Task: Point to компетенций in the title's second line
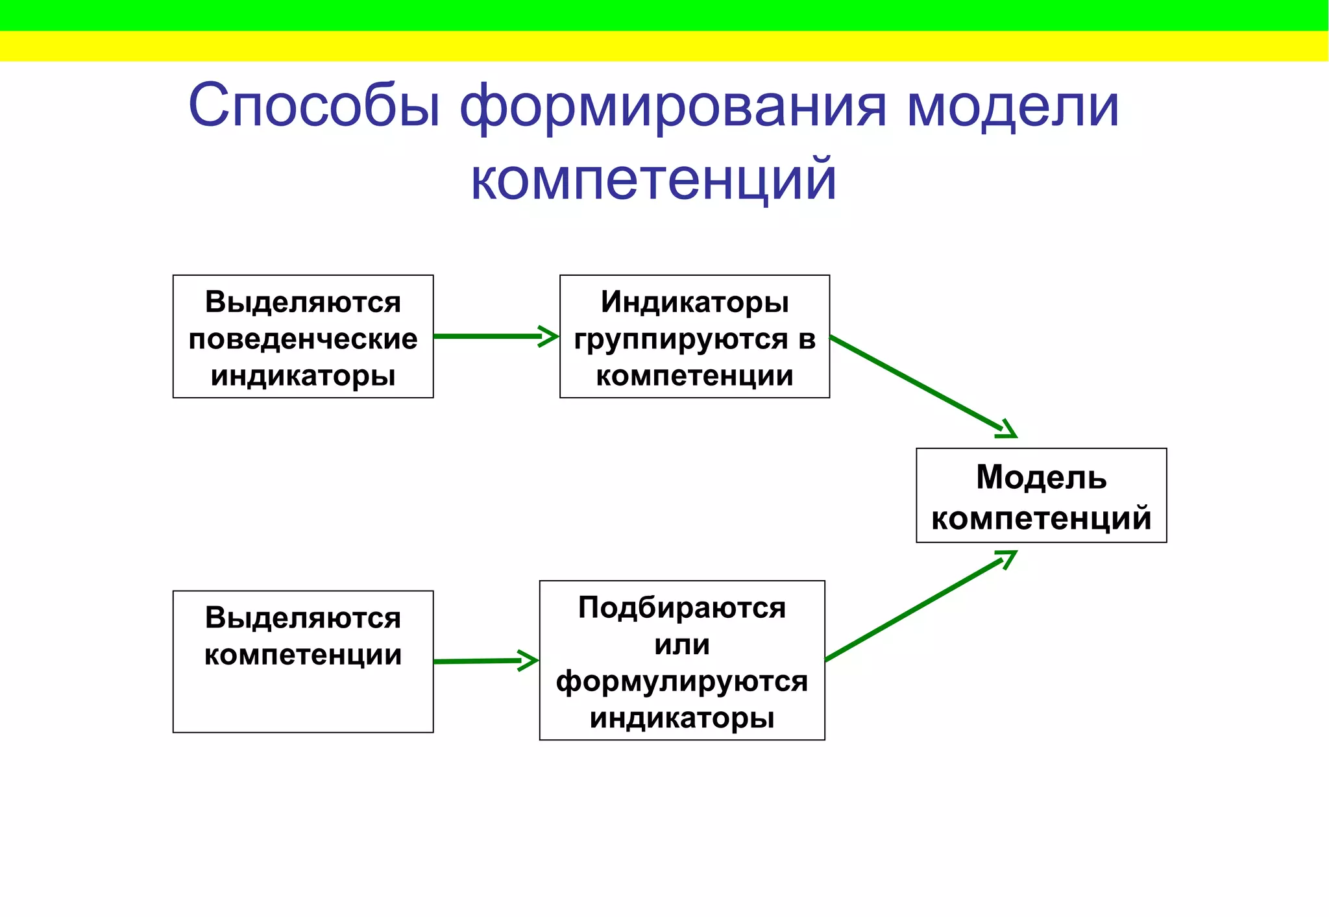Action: [653, 180]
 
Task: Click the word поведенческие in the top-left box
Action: [303, 339]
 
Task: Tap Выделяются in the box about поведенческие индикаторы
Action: [303, 302]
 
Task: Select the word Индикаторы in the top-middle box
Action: [694, 302]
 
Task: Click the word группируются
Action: [681, 339]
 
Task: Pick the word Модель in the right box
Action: [1041, 478]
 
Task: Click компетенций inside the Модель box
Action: [1041, 518]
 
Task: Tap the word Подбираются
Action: [682, 608]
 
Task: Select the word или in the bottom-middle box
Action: [682, 645]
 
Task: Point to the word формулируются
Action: [682, 681]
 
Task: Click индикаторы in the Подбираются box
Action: [682, 718]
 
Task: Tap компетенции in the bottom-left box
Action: [303, 655]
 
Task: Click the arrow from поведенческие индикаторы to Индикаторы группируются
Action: [493, 336]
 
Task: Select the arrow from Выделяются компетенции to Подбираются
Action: [483, 661]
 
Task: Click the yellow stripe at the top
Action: [664, 46]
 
